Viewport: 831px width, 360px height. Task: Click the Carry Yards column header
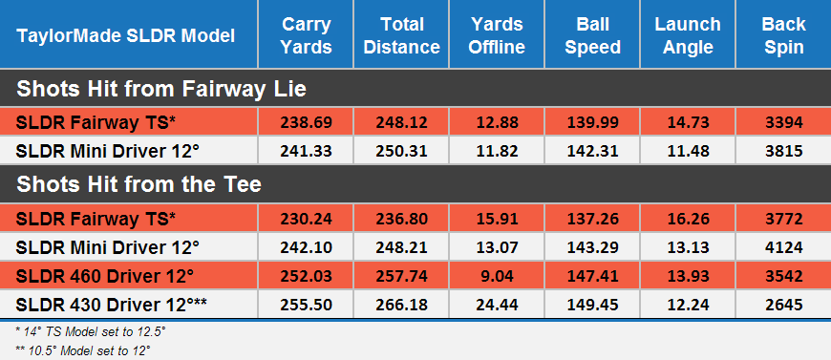point(306,36)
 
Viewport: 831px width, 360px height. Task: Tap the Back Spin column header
point(783,36)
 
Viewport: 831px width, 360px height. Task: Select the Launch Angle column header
point(688,36)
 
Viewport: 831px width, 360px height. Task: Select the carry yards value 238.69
point(306,122)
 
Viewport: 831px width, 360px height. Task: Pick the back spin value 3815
point(783,151)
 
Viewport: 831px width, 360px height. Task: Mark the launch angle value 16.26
point(688,218)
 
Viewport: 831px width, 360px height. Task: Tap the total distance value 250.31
point(401,151)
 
